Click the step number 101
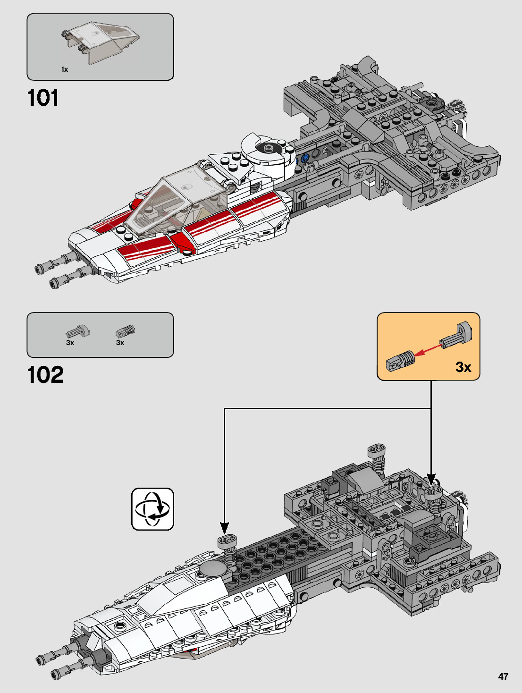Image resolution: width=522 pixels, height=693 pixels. pyautogui.click(x=43, y=98)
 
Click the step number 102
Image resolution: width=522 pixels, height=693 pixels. pyautogui.click(x=45, y=375)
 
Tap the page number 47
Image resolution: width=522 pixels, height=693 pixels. pyautogui.click(x=504, y=676)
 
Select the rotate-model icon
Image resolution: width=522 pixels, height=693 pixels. pyautogui.click(x=152, y=508)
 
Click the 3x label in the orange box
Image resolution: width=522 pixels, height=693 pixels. pyautogui.click(x=463, y=367)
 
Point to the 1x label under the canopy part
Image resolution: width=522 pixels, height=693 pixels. pyautogui.click(x=65, y=69)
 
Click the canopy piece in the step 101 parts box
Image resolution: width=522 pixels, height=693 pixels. pyautogui.click(x=101, y=42)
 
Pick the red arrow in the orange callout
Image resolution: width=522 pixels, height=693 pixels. pyautogui.click(x=428, y=350)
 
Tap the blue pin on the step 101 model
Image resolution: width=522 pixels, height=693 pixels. pyautogui.click(x=304, y=158)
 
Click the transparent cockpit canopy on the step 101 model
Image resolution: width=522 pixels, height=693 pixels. pyautogui.click(x=177, y=202)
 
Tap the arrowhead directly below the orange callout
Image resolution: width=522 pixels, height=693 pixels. pyautogui.click(x=431, y=479)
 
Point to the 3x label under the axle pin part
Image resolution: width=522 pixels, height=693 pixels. pyautogui.click(x=70, y=343)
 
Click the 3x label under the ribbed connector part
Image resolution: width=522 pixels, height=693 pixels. pyautogui.click(x=120, y=343)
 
